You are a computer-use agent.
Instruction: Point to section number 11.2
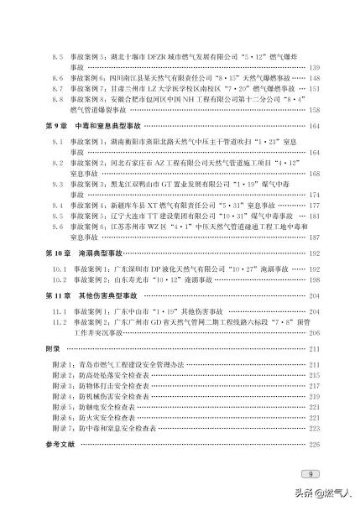(x=59, y=321)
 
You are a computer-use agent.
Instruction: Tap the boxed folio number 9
(x=310, y=473)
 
